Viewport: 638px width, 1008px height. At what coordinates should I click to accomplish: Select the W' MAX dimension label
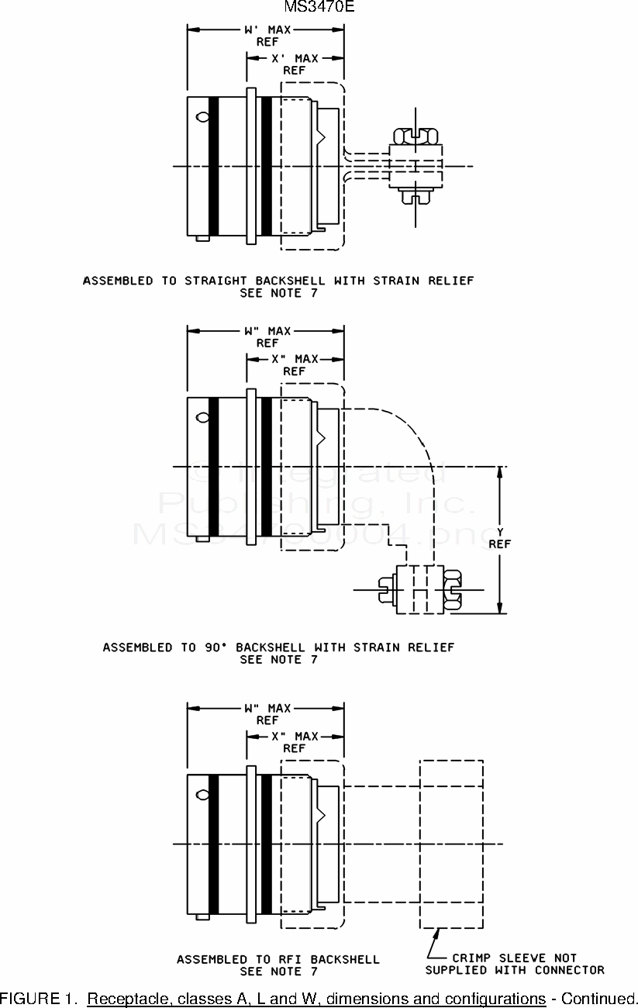(267, 30)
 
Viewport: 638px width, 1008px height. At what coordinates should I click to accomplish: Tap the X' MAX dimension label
(295, 58)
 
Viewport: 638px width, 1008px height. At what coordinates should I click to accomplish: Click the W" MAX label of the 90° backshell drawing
(267, 331)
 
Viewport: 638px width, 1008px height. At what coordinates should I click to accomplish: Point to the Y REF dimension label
(500, 537)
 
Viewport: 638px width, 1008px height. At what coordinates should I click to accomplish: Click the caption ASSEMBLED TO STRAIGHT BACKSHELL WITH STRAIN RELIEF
(278, 281)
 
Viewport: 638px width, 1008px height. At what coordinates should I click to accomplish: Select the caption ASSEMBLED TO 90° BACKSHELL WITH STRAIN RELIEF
(278, 647)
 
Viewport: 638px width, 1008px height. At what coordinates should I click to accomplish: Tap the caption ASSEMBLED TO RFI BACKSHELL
(278, 959)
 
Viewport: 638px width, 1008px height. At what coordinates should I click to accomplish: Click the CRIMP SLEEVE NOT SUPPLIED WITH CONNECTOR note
(515, 964)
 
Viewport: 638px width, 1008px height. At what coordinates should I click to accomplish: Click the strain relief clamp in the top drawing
(416, 166)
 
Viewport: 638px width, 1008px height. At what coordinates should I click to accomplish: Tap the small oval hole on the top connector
(203, 117)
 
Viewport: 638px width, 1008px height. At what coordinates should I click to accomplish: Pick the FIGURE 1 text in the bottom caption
(39, 998)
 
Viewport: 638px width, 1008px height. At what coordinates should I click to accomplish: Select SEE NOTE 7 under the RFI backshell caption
(278, 972)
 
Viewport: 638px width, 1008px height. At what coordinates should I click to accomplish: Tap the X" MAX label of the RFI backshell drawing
(295, 736)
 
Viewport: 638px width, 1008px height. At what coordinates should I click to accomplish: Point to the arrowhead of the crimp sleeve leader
(440, 933)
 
